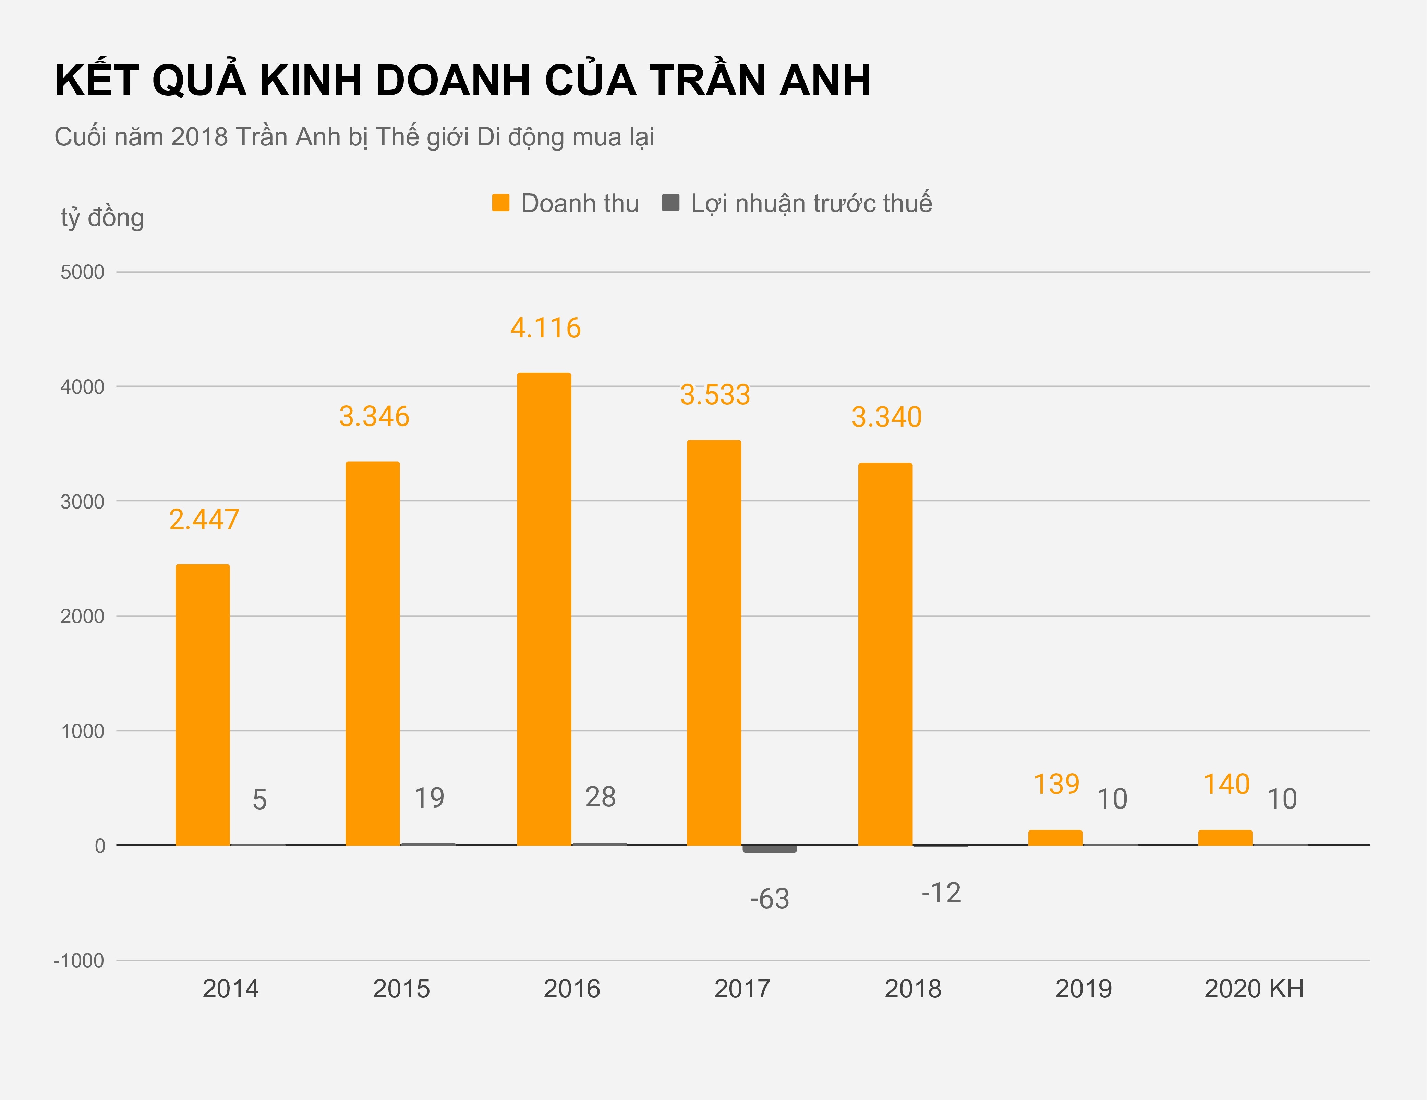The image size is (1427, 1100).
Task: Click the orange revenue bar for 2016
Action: [544, 608]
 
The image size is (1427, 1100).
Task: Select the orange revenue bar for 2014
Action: [203, 705]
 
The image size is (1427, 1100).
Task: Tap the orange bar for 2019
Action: [1055, 837]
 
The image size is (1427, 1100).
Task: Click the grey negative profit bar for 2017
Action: [770, 848]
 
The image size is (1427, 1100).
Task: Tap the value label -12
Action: [941, 893]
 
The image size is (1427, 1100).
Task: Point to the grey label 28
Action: [600, 797]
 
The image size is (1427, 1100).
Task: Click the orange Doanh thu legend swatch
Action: [500, 203]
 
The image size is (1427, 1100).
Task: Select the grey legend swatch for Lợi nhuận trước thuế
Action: [670, 203]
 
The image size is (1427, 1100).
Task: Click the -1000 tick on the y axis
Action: [79, 961]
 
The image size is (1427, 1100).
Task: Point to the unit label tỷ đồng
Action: [102, 218]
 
